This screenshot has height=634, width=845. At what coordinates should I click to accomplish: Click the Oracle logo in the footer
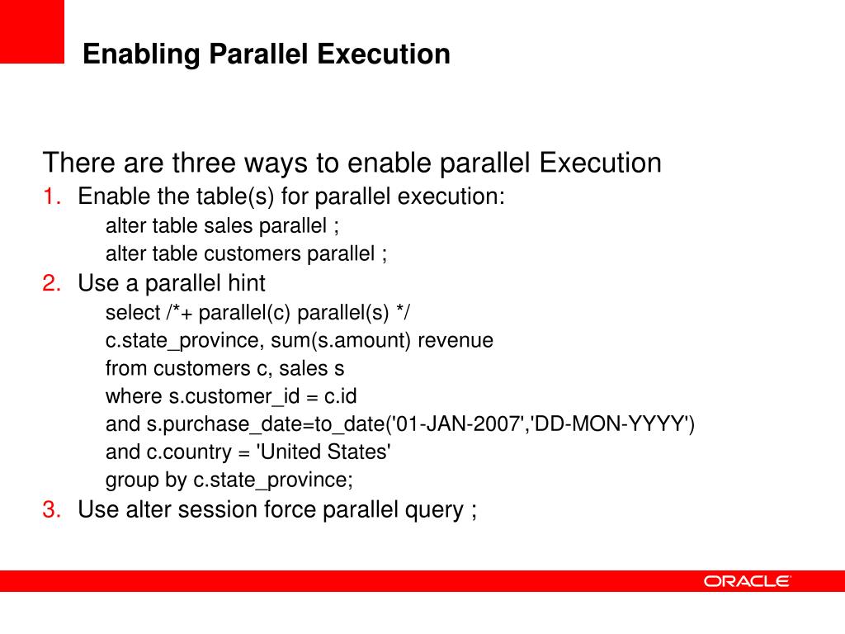click(748, 581)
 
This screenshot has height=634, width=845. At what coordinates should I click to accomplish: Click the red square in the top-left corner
click(31, 31)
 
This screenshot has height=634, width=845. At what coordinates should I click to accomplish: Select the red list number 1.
click(52, 197)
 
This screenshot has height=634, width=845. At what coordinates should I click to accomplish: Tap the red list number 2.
click(52, 284)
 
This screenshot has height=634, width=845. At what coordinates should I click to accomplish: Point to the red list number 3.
click(52, 509)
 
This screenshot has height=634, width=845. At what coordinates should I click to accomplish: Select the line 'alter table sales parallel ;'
click(222, 226)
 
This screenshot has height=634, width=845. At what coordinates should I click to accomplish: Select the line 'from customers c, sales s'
click(224, 368)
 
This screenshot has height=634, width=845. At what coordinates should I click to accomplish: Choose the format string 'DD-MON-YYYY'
click(608, 424)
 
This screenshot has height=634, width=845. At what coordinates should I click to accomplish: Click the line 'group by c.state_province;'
click(229, 480)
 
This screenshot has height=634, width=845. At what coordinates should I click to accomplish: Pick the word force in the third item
click(290, 509)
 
